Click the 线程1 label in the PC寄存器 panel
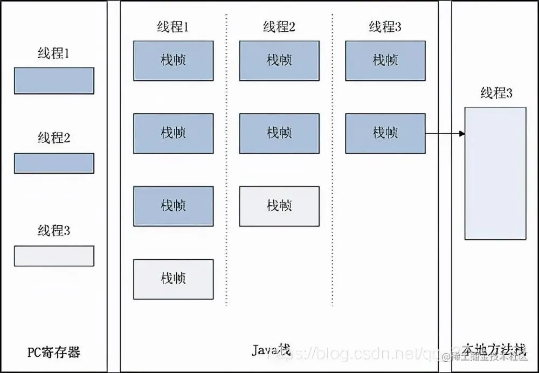(x=54, y=53)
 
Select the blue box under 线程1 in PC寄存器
(x=54, y=81)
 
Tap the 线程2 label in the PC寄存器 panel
(x=54, y=138)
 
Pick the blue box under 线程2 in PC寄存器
(x=54, y=163)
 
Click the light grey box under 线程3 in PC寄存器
(x=54, y=256)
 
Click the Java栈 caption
(x=271, y=350)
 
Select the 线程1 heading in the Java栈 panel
(x=172, y=26)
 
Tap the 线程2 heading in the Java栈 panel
(x=279, y=26)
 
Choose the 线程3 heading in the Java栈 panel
(x=385, y=26)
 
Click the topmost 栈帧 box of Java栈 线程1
(x=173, y=60)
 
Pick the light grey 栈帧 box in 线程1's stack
(x=173, y=279)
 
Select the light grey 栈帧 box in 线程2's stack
(x=279, y=206)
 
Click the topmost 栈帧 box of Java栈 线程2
(x=279, y=60)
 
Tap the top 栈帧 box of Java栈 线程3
(x=385, y=60)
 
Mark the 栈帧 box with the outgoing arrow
(x=385, y=133)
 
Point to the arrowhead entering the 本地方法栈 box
(x=461, y=133)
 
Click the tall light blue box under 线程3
(x=495, y=173)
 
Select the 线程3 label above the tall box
(x=496, y=93)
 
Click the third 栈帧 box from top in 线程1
(x=173, y=206)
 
